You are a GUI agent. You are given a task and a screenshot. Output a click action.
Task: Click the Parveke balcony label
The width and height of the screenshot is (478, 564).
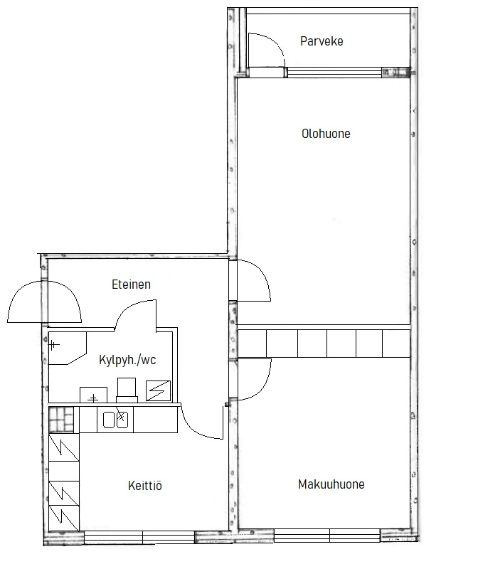tap(322, 41)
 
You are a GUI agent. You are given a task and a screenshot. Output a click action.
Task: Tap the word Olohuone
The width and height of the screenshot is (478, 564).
tap(326, 134)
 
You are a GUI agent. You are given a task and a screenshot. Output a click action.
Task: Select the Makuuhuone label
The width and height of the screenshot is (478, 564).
tap(331, 484)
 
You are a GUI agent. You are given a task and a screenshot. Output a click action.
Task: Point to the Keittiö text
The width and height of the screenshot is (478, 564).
tap(145, 486)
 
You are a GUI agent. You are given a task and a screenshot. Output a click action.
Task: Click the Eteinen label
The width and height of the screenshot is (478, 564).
tap(131, 284)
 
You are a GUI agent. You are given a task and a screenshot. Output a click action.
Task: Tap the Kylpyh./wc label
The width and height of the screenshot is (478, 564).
tap(127, 360)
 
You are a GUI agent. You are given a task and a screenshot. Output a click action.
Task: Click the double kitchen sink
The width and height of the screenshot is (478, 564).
tap(115, 420)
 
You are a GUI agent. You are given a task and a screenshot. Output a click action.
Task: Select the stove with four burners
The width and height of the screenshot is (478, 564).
tap(61, 420)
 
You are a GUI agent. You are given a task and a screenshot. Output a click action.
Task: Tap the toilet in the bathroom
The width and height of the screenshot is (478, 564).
tap(127, 390)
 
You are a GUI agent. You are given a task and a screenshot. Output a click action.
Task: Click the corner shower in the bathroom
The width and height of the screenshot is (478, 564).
tap(68, 348)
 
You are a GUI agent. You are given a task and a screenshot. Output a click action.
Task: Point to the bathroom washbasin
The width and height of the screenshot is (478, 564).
tap(93, 395)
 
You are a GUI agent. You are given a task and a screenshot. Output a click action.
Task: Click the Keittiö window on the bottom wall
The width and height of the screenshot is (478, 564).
tap(139, 538)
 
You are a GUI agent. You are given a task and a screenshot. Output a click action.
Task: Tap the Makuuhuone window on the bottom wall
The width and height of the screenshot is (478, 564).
tap(327, 536)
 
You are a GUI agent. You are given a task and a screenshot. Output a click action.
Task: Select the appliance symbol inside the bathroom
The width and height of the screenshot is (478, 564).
tap(158, 390)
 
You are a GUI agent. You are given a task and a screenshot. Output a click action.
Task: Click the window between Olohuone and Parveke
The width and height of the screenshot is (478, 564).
tap(334, 73)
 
